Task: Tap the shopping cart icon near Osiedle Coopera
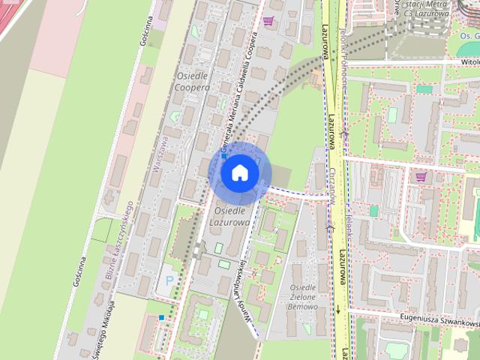[x=268, y=21]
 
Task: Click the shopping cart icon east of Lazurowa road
[x=421, y=177]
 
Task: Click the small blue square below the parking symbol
[x=161, y=317]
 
